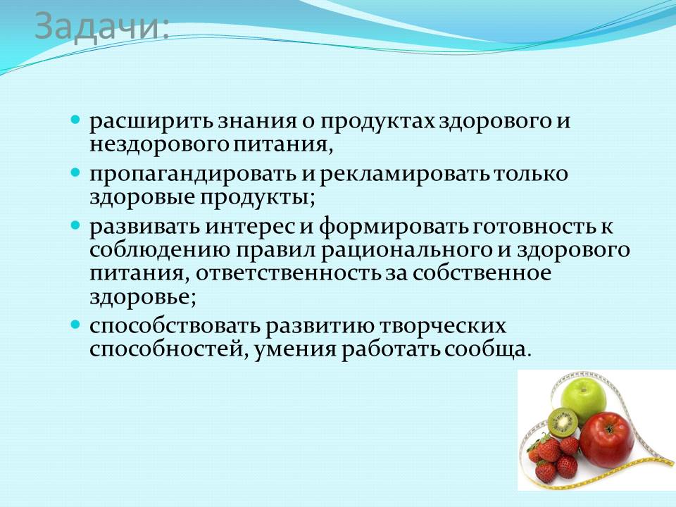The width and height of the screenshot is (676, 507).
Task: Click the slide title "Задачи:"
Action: pyautogui.click(x=101, y=26)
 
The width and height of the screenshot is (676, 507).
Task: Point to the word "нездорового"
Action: pyautogui.click(x=159, y=146)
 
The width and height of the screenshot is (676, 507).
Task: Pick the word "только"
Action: pyautogui.click(x=531, y=174)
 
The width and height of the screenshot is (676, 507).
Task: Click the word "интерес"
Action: pyautogui.click(x=251, y=227)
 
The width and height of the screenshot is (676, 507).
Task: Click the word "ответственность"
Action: pyautogui.click(x=289, y=274)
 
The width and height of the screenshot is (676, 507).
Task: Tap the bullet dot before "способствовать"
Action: pyautogui.click(x=75, y=324)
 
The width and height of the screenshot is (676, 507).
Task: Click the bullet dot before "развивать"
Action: pyautogui.click(x=75, y=225)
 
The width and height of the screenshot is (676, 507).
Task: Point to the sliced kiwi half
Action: pyautogui.click(x=562, y=423)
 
